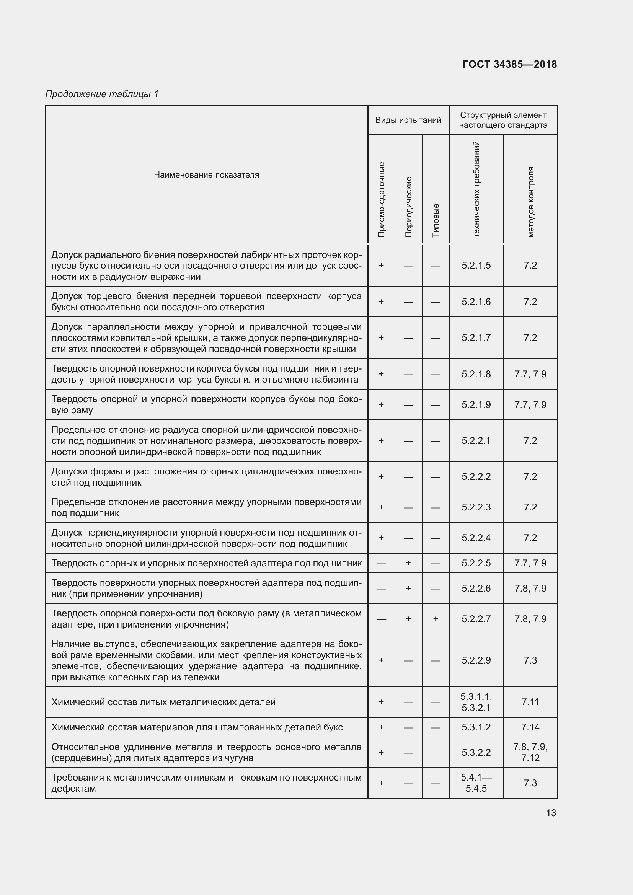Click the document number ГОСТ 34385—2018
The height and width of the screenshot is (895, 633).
tap(509, 64)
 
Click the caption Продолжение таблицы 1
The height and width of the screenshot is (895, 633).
tap(102, 94)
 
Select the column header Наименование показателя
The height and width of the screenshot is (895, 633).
tap(206, 174)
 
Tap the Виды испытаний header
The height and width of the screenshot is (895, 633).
tap(408, 120)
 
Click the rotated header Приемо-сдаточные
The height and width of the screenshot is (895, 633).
tap(381, 199)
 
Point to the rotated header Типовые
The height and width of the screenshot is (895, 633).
tap(436, 220)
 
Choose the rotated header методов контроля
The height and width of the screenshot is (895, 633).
tap(530, 202)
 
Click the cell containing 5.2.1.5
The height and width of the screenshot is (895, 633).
tap(476, 266)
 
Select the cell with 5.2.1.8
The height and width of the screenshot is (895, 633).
tap(476, 374)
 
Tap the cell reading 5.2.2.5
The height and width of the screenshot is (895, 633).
tap(476, 563)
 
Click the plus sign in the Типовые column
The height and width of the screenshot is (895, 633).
tap(436, 619)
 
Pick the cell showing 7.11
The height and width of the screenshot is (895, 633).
tap(530, 702)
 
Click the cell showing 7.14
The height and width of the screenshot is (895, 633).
tap(530, 727)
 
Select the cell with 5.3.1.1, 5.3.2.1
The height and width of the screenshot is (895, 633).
tap(476, 702)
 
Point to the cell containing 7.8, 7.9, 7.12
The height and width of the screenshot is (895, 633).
tap(530, 752)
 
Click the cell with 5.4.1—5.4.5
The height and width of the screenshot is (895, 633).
tap(476, 783)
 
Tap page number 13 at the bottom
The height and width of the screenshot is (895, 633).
tap(551, 813)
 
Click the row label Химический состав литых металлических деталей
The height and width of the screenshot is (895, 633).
tap(163, 702)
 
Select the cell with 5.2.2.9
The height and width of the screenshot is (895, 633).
tap(476, 660)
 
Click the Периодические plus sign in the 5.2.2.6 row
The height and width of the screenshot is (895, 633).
tap(408, 588)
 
